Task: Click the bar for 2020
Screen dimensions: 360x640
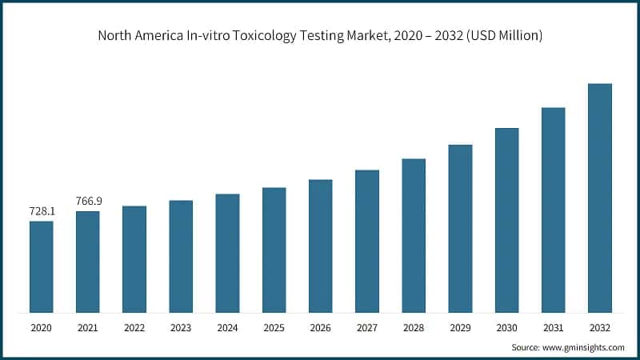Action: coord(42,266)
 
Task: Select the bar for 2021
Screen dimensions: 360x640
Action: coord(88,262)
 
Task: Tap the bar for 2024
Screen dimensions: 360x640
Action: coord(227,253)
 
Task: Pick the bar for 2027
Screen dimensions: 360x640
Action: coord(367,241)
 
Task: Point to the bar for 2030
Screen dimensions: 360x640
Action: coord(506,220)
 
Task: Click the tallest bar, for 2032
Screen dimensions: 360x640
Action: coord(600,198)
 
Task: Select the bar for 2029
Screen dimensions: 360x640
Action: coord(460,228)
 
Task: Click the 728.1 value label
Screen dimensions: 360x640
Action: coord(42,212)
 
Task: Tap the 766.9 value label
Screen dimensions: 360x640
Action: coord(88,202)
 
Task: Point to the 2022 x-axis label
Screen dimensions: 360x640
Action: coord(134,327)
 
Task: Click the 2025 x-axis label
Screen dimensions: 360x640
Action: coord(274,327)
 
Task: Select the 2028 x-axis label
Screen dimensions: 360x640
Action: coord(414,327)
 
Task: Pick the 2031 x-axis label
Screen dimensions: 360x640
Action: coord(554,327)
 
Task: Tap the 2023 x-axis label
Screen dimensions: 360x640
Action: coord(181,327)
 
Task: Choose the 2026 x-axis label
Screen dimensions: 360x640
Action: coord(321,327)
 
